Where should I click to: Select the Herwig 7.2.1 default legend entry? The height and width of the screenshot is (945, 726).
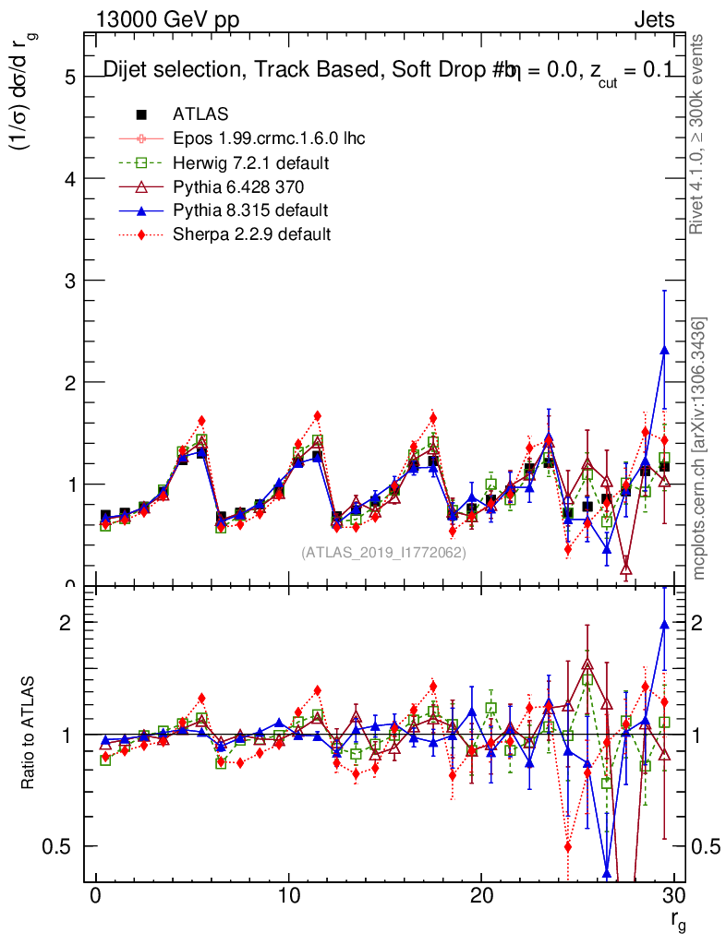pyautogui.click(x=250, y=162)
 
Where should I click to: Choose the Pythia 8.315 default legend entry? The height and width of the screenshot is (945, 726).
pyautogui.click(x=250, y=210)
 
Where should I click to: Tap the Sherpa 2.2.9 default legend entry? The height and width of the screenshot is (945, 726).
pyautogui.click(x=251, y=234)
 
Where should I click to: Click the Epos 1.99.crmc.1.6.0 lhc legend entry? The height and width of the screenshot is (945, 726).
pyautogui.click(x=269, y=138)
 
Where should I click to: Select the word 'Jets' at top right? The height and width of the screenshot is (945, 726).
pyautogui.click(x=653, y=19)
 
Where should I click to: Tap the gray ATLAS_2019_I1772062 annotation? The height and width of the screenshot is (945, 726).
pyautogui.click(x=383, y=553)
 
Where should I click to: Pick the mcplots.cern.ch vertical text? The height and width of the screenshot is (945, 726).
pyautogui.click(x=699, y=449)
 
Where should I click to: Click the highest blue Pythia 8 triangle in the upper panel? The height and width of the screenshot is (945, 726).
pyautogui.click(x=664, y=351)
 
